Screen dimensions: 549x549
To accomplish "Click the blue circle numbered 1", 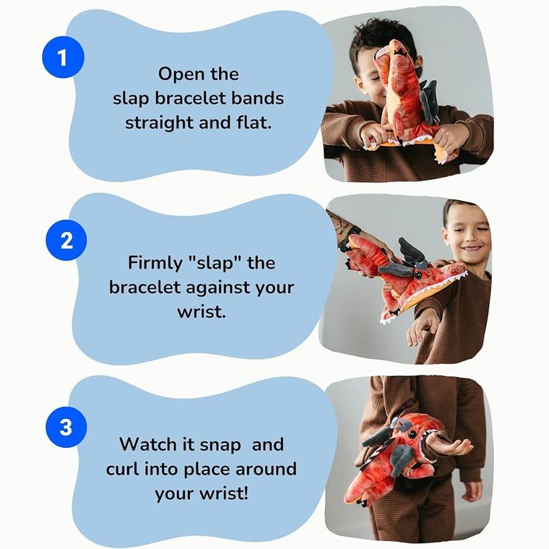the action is pos(63,57).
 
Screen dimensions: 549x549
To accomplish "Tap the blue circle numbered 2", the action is pos(66,240).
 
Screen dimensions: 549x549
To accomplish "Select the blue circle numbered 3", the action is pos(66,427).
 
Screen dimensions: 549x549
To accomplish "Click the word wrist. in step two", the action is pos(202,311).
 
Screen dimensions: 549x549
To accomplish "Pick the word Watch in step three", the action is pos(147,444).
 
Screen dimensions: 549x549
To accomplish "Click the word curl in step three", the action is pos(123,469).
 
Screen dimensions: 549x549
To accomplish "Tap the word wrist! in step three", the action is pos(224,493).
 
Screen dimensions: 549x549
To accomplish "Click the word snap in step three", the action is pos(220,446).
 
